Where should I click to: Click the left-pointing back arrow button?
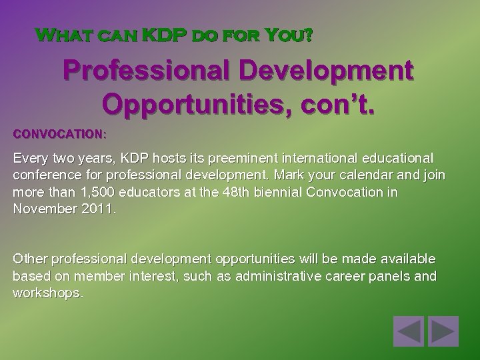407,331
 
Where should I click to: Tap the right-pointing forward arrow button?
441,331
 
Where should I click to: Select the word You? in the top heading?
289,34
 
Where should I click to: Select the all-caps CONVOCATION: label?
59,134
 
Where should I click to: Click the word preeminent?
241,159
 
